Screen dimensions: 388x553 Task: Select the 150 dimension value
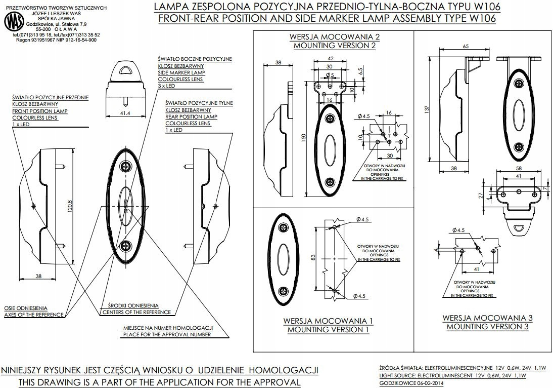tap(303, 138)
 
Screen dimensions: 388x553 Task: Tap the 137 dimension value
tap(427, 108)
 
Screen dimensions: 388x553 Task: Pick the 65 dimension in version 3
tap(465, 46)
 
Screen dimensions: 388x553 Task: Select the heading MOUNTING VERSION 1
tap(328, 330)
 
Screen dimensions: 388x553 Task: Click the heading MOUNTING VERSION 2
tap(335, 46)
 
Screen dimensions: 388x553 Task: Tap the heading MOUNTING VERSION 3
tap(487, 327)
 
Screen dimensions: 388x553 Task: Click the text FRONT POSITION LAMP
tap(40, 110)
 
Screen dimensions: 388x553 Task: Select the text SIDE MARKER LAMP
tap(181, 72)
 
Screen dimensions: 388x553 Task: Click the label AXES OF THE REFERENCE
tap(34, 315)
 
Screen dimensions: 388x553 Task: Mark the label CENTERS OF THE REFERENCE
tap(136, 312)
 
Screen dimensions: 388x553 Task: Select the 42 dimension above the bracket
tap(329, 59)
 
